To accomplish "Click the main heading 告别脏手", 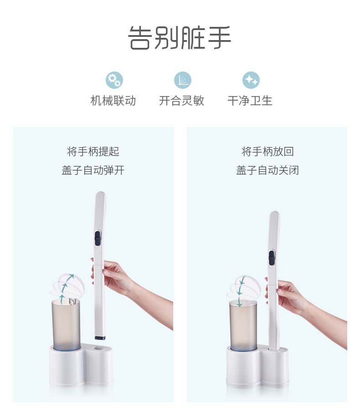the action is (x=180, y=38).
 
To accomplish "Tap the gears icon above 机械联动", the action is (x=114, y=80).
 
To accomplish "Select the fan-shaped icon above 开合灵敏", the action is (x=183, y=80).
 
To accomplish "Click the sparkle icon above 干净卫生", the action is (x=251, y=80).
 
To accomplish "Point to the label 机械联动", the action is (x=113, y=101).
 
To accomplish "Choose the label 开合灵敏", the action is (x=182, y=101).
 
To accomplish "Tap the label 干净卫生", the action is (x=250, y=101).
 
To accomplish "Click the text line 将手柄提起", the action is (x=93, y=152).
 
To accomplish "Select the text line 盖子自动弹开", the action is (x=93, y=170).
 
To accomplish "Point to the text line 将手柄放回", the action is (x=267, y=152).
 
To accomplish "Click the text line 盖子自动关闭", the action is (x=267, y=170).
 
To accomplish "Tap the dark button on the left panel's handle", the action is (x=98, y=238).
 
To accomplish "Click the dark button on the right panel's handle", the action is (x=272, y=258).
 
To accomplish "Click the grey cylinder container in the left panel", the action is (x=66, y=325).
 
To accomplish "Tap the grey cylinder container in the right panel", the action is (x=243, y=326).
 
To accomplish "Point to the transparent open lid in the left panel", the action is (x=69, y=286).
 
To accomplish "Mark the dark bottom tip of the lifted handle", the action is (x=100, y=338).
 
